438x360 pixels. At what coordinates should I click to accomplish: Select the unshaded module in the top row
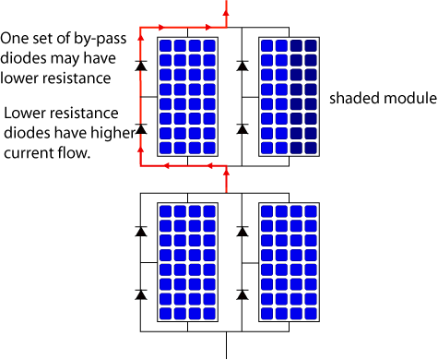[x=187, y=96]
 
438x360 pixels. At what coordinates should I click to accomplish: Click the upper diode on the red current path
[x=140, y=66]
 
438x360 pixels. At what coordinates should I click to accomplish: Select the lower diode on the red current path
[x=140, y=128]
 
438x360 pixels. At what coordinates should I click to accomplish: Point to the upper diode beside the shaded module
[x=241, y=66]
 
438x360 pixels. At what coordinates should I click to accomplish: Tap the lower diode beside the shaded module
[x=241, y=128]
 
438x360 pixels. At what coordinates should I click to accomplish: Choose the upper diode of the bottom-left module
[x=140, y=231]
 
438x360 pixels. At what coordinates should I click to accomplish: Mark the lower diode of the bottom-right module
[x=241, y=294]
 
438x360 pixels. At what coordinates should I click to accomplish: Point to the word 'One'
[x=16, y=39]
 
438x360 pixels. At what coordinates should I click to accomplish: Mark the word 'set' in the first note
[x=45, y=39]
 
